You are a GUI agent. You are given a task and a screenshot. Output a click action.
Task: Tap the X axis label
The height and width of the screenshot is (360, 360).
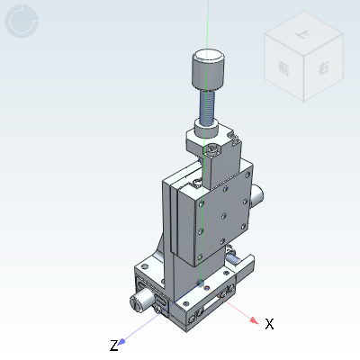[x=268, y=323]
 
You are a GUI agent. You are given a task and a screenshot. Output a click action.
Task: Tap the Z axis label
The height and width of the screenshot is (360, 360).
[x=113, y=346]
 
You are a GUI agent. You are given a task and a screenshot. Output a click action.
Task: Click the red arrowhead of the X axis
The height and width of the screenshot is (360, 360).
[x=254, y=319]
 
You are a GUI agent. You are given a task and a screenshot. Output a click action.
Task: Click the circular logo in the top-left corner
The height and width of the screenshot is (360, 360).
[x=21, y=22]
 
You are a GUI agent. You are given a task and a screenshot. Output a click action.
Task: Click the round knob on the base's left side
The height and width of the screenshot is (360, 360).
[x=139, y=300]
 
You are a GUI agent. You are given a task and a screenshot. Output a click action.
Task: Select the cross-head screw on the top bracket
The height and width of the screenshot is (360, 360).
[x=211, y=150]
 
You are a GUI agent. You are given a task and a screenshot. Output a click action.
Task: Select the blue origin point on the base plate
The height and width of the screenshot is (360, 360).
[x=199, y=282]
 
